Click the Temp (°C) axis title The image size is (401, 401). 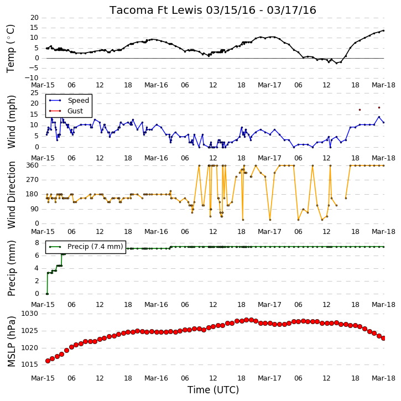click(x=11, y=49)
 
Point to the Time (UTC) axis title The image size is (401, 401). click(x=213, y=390)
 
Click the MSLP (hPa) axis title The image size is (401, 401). click(x=11, y=342)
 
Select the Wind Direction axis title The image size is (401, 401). click(x=11, y=195)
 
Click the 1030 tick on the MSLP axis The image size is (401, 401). click(x=29, y=314)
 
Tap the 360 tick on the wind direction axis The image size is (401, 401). click(x=33, y=165)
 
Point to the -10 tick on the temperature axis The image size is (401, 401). click(x=31, y=78)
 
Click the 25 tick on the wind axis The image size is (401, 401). click(x=34, y=93)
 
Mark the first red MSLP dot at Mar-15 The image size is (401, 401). click(x=48, y=361)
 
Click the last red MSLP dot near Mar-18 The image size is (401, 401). click(x=383, y=338)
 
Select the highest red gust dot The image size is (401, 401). click(x=379, y=108)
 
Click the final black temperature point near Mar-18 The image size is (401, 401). click(x=383, y=30)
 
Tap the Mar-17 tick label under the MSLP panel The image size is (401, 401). click(x=269, y=378)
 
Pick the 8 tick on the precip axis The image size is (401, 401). click(x=37, y=243)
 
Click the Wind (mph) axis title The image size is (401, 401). click(x=11, y=122)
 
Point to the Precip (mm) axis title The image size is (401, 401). click(x=11, y=268)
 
